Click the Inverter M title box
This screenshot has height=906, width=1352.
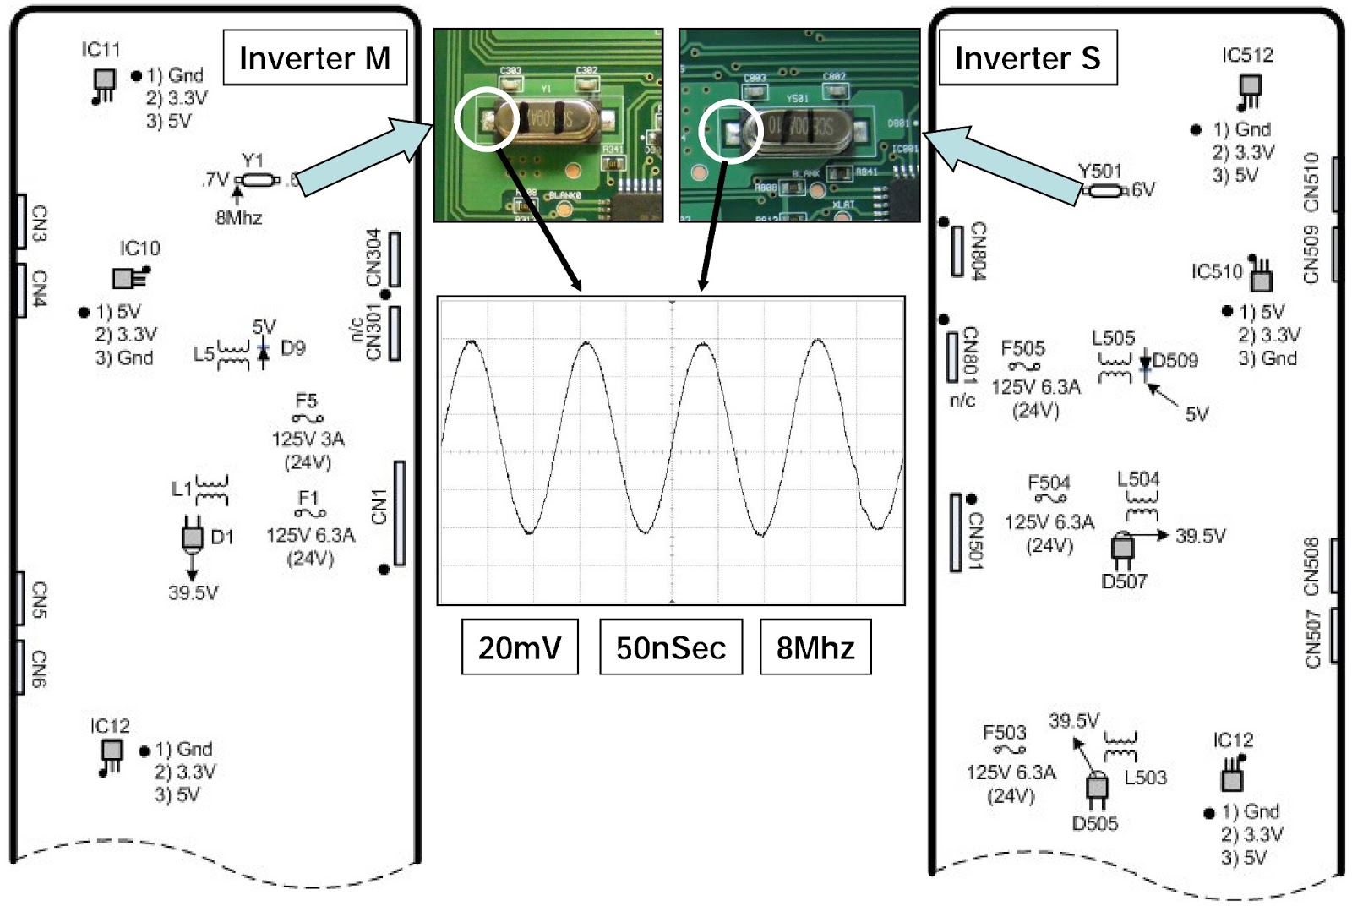click(x=314, y=57)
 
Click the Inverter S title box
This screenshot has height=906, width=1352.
click(x=1028, y=57)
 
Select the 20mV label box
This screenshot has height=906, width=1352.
click(x=520, y=647)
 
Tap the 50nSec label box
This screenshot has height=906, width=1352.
click(x=671, y=647)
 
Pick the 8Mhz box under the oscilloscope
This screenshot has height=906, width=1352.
click(x=815, y=647)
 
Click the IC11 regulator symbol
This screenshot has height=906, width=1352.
click(x=104, y=83)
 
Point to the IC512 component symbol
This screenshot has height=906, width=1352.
click(x=1250, y=89)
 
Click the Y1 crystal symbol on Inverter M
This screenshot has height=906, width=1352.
click(x=258, y=180)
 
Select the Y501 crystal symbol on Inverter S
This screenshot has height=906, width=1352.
click(x=1102, y=191)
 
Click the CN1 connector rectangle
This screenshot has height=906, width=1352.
click(x=399, y=513)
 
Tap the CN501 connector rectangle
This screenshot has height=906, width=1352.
click(x=956, y=532)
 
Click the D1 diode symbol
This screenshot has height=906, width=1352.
click(x=193, y=537)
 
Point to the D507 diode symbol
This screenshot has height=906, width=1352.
click(x=1122, y=548)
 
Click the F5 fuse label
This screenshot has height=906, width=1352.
click(x=306, y=401)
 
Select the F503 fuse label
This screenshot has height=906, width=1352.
click(x=1004, y=732)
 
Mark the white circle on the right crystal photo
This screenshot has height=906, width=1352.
click(x=732, y=129)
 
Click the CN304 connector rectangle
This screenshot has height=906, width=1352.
click(x=394, y=259)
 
